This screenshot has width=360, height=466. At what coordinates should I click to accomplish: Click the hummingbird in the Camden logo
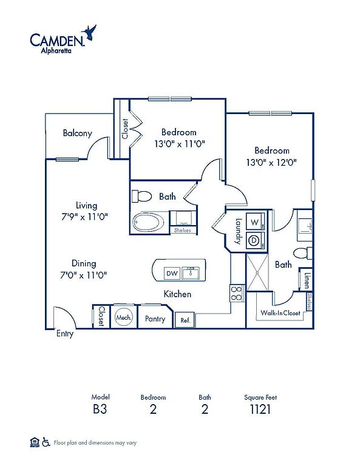click(89, 33)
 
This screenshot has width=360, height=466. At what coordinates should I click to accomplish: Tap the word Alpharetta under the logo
click(56, 50)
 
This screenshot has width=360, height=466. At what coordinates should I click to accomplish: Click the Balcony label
click(77, 133)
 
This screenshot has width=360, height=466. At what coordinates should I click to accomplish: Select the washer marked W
click(255, 222)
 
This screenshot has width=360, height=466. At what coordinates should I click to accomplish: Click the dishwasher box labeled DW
click(172, 273)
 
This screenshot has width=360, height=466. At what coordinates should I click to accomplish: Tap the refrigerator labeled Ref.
click(185, 320)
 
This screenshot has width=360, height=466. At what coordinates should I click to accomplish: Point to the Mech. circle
click(124, 317)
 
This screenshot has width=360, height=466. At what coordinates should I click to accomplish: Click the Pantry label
click(155, 319)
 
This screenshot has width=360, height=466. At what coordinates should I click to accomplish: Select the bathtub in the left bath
click(148, 222)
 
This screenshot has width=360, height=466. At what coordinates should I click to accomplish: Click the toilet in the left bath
click(142, 196)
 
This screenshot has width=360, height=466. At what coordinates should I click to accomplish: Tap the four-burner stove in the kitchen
click(237, 293)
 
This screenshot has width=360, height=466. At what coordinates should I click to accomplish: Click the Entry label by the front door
click(65, 334)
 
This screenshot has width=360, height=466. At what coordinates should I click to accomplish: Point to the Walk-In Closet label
click(280, 312)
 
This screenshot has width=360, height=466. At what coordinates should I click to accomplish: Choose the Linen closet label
click(307, 280)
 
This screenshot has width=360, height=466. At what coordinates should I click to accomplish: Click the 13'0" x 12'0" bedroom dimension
click(271, 163)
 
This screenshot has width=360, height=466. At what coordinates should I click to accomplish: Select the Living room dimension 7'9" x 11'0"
click(84, 217)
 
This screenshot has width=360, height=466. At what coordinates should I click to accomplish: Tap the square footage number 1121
click(260, 409)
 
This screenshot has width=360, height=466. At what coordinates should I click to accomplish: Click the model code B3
click(100, 409)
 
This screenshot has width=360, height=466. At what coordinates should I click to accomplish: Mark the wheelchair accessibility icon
click(46, 442)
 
